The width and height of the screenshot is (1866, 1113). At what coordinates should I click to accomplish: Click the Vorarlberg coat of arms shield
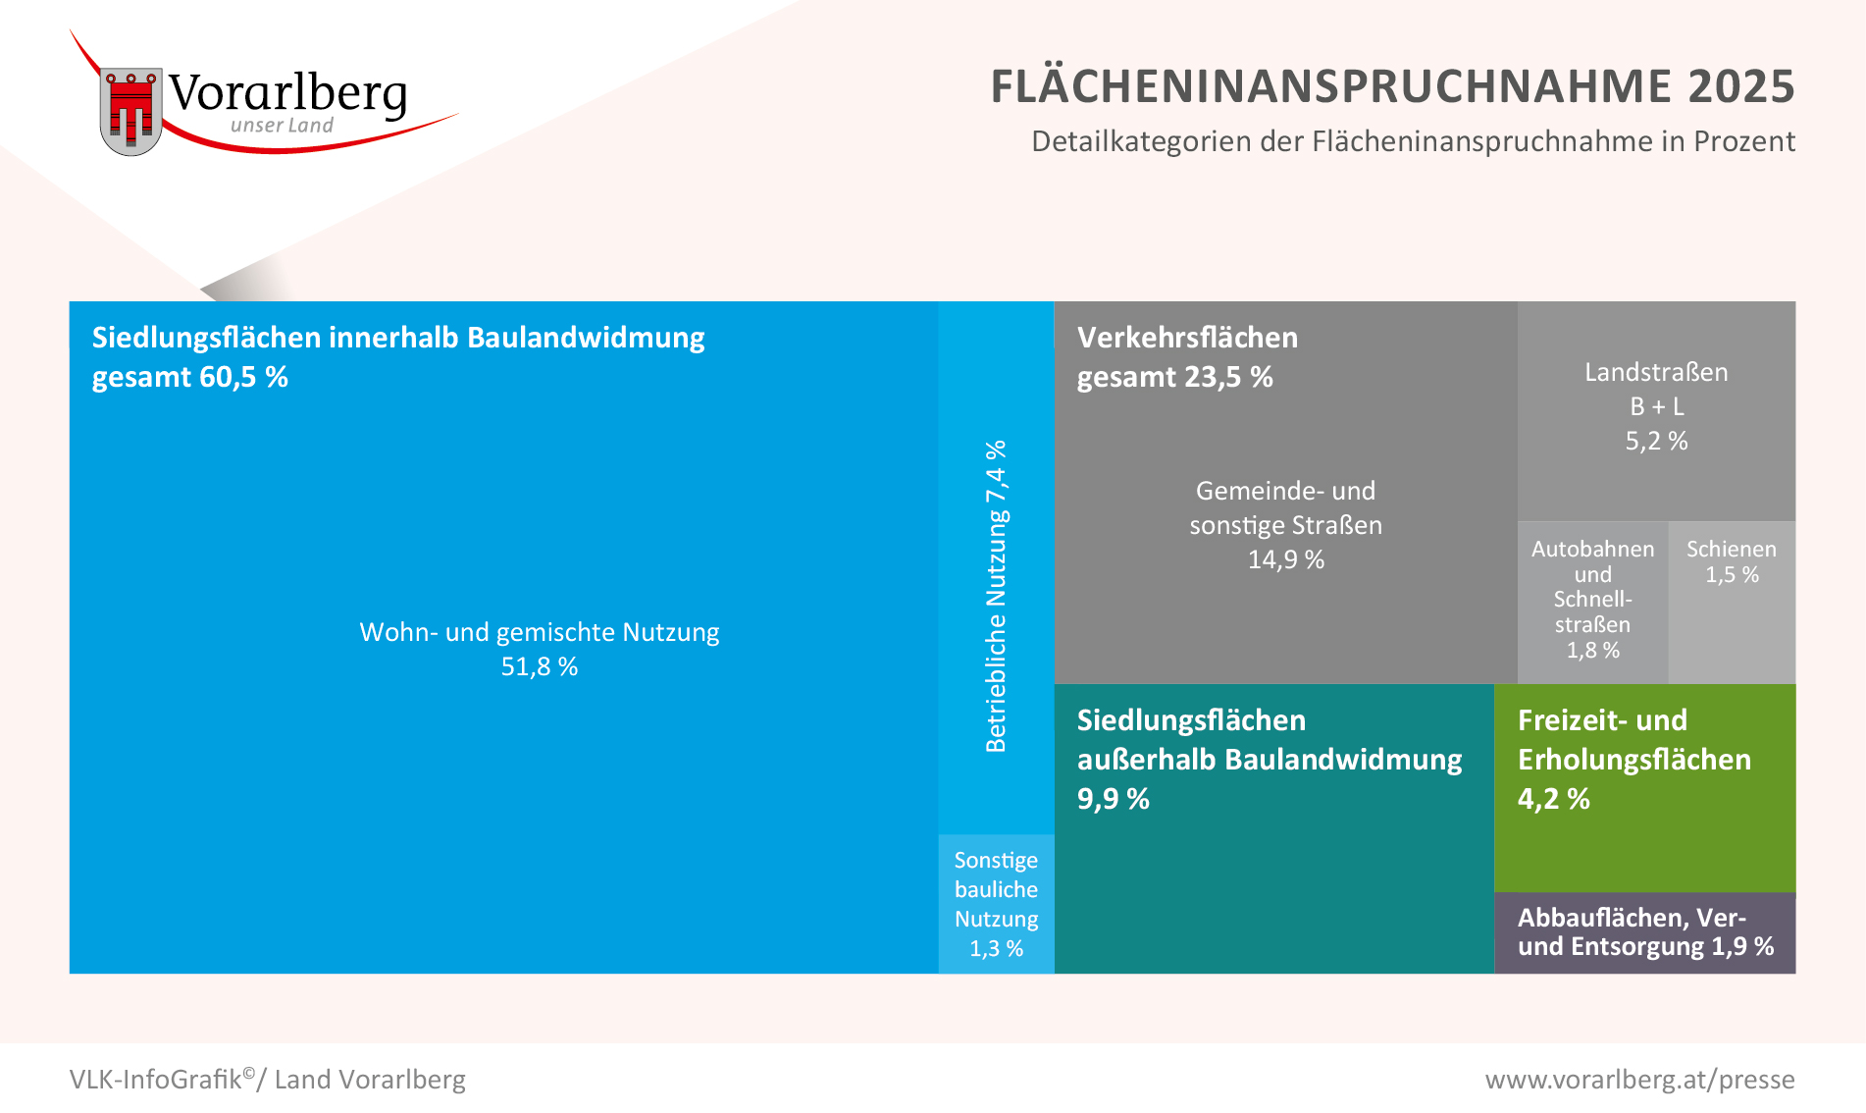[130, 111]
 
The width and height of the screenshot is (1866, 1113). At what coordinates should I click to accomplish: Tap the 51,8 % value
[540, 667]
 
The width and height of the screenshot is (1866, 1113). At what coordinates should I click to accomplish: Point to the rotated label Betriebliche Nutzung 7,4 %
[996, 596]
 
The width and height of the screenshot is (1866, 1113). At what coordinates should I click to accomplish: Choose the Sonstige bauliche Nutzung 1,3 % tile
[996, 904]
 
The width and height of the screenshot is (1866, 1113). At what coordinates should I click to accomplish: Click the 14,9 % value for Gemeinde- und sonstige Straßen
[1285, 559]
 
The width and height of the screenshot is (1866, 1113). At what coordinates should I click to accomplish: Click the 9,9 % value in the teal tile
[1113, 799]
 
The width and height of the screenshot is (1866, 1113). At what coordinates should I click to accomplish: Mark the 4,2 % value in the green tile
[1553, 799]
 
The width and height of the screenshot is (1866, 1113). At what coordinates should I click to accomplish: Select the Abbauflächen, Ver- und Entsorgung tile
[1644, 932]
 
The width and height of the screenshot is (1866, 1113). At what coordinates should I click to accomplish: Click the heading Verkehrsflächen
[1187, 338]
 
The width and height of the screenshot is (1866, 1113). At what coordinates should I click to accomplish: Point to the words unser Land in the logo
[282, 126]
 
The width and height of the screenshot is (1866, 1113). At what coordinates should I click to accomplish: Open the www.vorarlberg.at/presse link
[1639, 1080]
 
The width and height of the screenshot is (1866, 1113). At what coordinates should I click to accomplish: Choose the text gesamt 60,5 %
[190, 378]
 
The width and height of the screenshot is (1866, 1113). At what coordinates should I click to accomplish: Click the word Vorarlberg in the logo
[287, 93]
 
